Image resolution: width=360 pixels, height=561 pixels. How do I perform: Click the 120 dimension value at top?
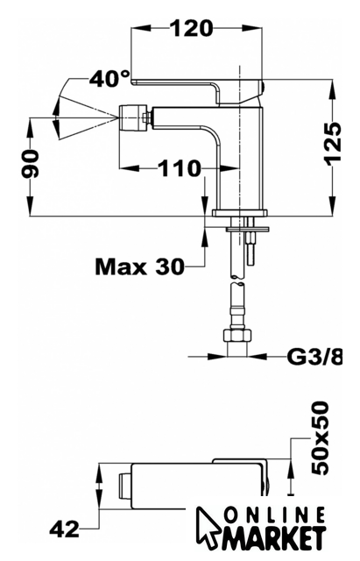(x=191, y=28)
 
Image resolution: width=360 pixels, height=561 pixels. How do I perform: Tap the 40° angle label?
(x=109, y=78)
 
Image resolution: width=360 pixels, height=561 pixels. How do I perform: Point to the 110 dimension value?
(x=179, y=167)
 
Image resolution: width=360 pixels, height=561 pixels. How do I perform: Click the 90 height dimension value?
(x=30, y=164)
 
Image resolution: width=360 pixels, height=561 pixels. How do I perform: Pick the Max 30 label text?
(x=140, y=266)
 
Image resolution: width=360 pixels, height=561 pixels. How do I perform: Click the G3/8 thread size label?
(x=314, y=356)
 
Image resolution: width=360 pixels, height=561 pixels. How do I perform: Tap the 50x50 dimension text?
(x=319, y=438)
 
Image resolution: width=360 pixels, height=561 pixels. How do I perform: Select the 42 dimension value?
(x=65, y=528)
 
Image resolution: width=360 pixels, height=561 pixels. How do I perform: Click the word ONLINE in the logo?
(x=276, y=515)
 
